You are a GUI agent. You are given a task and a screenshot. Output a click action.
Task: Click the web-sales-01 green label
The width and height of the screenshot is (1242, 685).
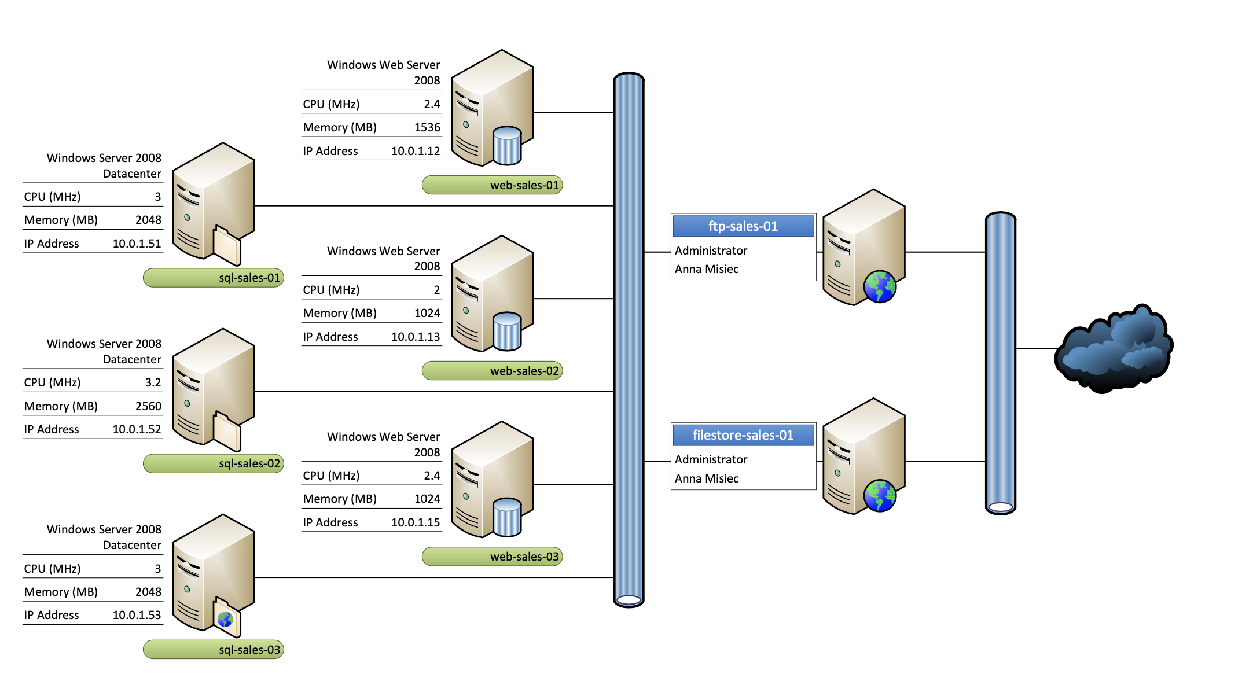492,185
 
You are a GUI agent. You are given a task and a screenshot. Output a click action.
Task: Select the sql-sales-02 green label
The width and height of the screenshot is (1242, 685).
214,463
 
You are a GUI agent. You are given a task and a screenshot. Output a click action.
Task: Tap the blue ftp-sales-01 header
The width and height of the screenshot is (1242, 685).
743,226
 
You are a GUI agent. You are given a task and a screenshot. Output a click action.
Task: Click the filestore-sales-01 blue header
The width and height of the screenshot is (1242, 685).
743,435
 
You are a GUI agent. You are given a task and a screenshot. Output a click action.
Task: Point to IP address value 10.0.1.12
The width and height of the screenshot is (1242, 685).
416,151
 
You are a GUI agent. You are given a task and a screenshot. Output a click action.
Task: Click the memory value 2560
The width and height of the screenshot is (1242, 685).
148,406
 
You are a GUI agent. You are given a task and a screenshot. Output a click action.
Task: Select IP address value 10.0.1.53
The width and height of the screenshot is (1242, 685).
137,615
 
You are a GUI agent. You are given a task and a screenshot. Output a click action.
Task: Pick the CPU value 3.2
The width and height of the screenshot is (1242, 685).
153,382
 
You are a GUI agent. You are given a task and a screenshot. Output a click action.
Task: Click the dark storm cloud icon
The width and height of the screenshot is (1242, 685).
1114,349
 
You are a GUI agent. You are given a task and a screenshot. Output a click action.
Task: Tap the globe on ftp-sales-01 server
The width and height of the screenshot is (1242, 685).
880,287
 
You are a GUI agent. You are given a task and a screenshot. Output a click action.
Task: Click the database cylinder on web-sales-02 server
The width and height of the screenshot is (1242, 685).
507,332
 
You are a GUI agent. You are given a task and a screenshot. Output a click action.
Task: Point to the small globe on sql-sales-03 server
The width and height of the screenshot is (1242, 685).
225,619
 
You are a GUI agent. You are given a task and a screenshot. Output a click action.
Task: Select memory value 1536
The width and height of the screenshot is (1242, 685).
427,127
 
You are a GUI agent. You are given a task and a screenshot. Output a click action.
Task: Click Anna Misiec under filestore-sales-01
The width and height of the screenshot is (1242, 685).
707,478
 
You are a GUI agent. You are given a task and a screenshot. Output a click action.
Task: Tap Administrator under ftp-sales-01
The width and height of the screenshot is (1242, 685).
711,251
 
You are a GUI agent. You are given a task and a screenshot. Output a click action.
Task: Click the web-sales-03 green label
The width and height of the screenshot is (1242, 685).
492,557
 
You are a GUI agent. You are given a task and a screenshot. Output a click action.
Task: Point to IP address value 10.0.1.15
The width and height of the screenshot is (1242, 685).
416,522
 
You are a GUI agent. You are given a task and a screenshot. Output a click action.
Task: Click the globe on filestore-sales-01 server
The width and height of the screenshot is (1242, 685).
880,496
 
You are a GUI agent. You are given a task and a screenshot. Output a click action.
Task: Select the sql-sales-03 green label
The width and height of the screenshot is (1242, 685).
214,650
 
